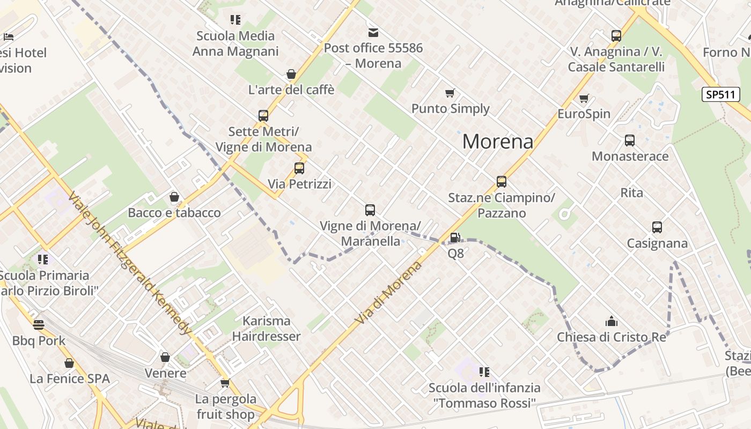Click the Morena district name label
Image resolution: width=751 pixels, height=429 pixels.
pos(498,142)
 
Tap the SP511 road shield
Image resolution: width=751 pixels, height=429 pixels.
pos(720,94)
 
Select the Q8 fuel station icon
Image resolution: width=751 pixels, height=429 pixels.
pos(455,238)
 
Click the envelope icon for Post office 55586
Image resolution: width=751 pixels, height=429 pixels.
pos(373,33)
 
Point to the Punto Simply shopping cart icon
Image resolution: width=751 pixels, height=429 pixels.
pos(450,93)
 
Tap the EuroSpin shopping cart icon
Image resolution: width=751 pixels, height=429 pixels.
pos(584,99)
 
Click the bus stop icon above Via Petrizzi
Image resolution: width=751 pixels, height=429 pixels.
pos(299,168)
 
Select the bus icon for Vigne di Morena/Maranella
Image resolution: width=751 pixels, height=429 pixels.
pos(370,210)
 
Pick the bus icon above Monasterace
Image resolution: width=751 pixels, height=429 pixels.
pos(630,140)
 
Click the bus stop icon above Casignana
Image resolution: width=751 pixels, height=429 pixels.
pos(657,227)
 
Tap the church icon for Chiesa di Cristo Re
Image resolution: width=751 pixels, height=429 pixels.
pos(612,322)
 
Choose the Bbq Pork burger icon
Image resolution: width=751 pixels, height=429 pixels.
pos(39,325)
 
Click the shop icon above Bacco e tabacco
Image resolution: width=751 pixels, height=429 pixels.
pos(174,197)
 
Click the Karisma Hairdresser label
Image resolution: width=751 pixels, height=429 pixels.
pos(267,329)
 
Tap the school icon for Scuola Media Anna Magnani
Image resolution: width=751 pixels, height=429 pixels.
pos(235,20)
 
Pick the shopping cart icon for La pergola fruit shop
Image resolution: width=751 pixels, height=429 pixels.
pos(225,383)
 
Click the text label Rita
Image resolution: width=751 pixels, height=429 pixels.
pos(631,193)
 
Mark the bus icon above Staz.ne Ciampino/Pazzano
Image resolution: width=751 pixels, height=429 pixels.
pos(502,182)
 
